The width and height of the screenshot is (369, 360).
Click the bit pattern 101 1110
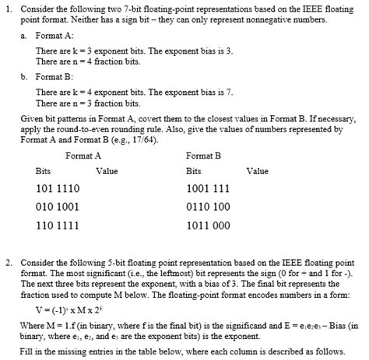point(57,189)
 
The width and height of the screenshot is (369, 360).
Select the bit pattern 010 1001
point(57,208)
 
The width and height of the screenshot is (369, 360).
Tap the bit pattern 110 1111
point(57,226)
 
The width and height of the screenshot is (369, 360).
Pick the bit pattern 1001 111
point(209,189)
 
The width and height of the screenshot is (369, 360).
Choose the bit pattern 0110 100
point(209,208)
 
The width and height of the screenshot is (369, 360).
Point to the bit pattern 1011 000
point(209,226)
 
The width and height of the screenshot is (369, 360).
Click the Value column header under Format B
point(257,171)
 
